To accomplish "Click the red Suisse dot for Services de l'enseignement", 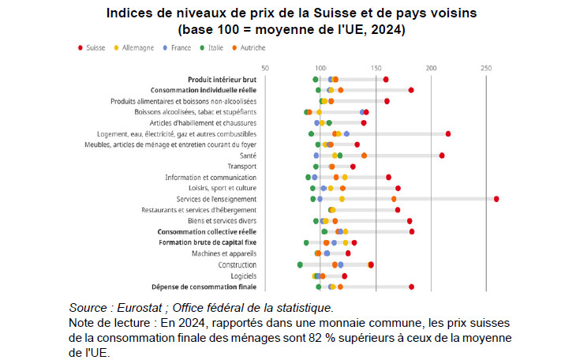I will tap(496, 199).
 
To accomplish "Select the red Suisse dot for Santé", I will tap(442, 156).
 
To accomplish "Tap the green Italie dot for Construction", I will tap(300, 264).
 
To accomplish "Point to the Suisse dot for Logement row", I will tap(448, 134).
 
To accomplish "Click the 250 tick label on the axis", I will tap(486, 68).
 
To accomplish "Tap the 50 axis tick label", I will tap(265, 68).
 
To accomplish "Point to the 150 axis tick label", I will tap(376, 68).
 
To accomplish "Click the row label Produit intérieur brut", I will tap(222, 80).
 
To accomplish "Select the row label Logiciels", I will tap(243, 276).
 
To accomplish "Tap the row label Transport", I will tap(241, 167).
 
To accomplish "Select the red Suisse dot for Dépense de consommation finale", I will tap(411, 287).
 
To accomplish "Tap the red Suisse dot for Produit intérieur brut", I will tap(386, 80).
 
